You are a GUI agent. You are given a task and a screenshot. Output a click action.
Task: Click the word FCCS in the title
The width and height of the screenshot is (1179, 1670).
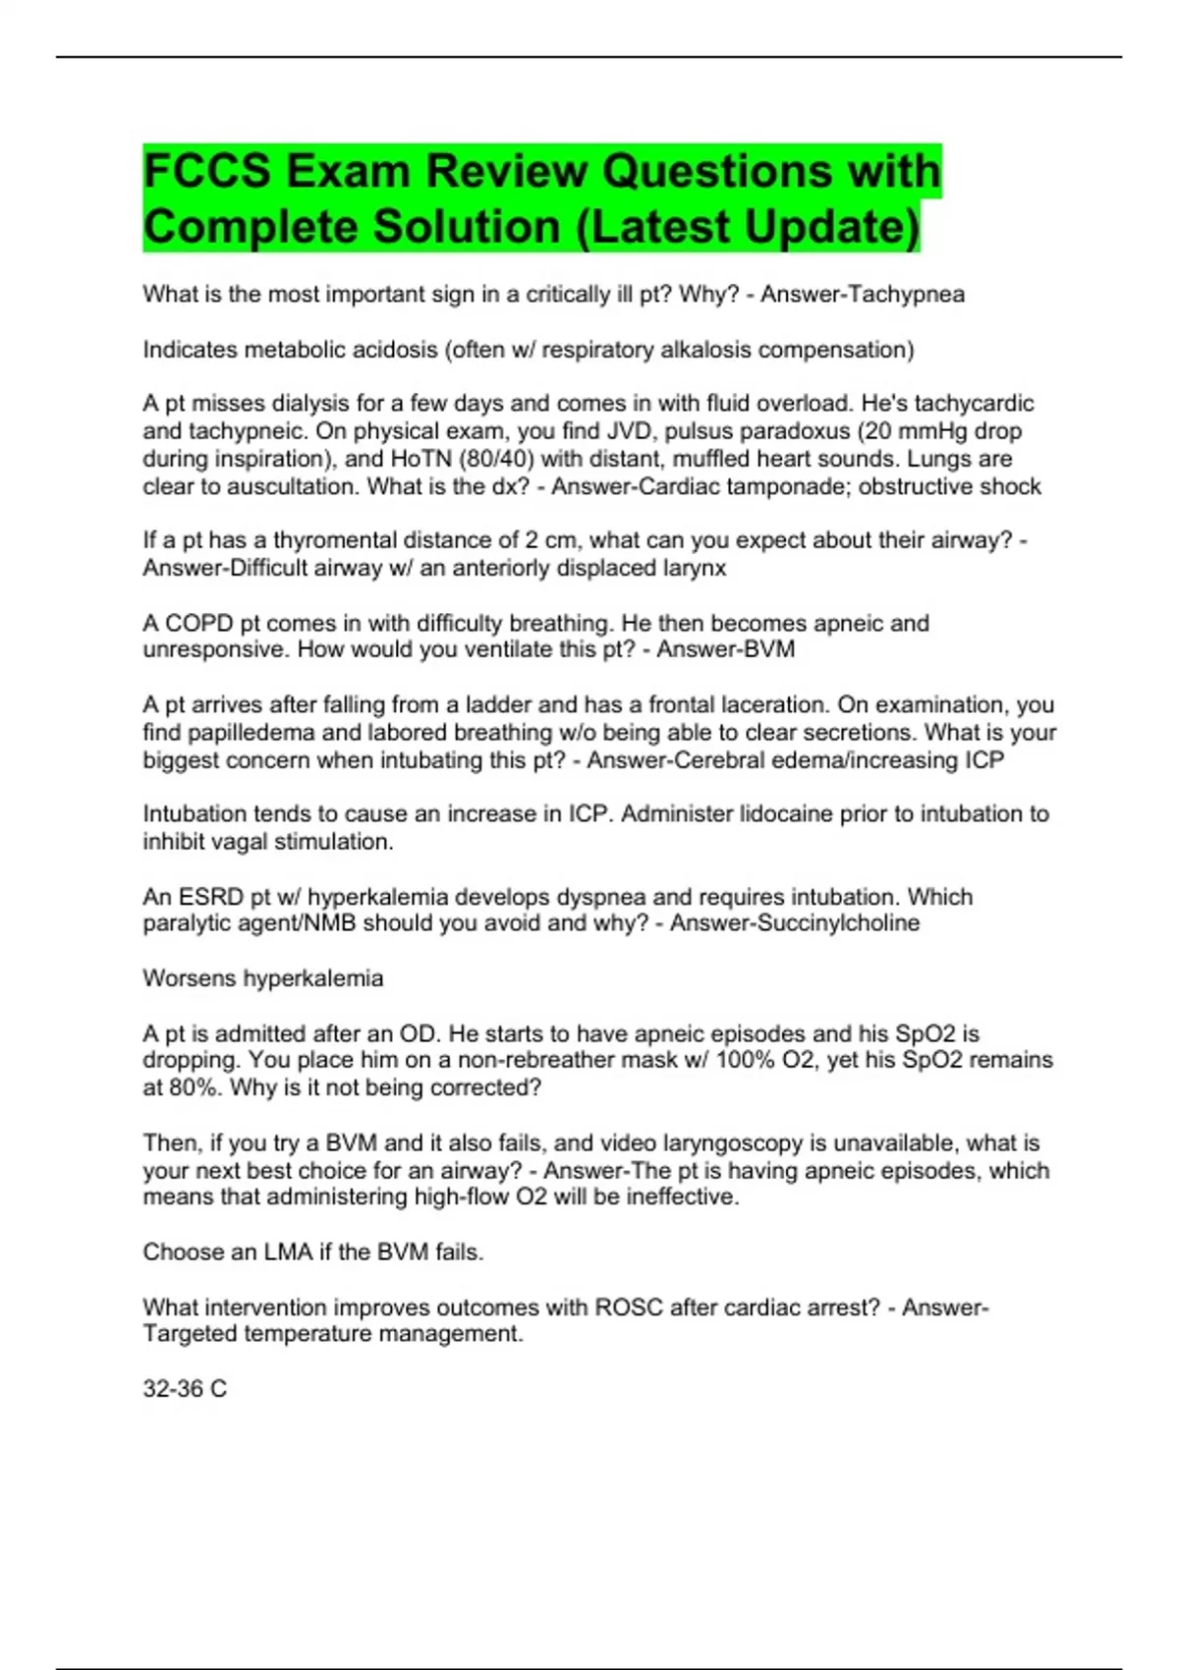207,171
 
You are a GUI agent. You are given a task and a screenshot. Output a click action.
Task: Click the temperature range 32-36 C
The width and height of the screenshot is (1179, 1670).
185,1389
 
